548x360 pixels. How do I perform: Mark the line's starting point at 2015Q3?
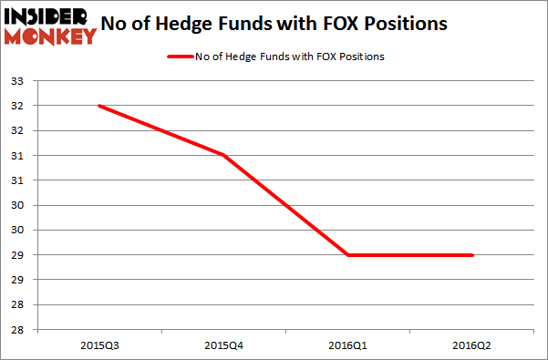pyautogui.click(x=98, y=106)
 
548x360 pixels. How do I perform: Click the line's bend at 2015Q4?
pyautogui.click(x=222, y=155)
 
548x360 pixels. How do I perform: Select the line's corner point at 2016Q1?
pyautogui.click(x=347, y=255)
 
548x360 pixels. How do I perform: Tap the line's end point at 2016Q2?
pyautogui.click(x=472, y=255)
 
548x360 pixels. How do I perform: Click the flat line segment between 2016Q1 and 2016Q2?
pyautogui.click(x=410, y=255)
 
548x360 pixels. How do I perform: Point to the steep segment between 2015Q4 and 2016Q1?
pyautogui.click(x=285, y=205)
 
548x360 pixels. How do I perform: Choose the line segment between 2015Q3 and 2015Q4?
pyautogui.click(x=160, y=130)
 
